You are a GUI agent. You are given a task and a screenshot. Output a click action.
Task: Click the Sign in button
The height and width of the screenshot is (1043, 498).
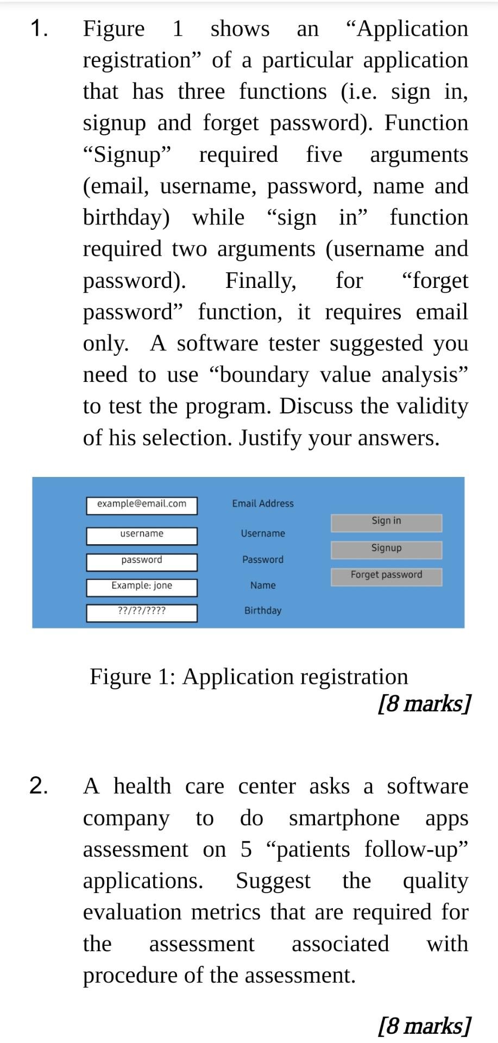click(x=386, y=522)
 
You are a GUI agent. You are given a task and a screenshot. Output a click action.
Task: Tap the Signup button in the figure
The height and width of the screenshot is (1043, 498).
click(x=386, y=549)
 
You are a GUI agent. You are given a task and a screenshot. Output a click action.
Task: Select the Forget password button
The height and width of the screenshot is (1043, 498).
click(x=386, y=576)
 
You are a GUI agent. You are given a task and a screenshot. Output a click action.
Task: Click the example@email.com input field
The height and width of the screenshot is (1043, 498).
click(x=142, y=505)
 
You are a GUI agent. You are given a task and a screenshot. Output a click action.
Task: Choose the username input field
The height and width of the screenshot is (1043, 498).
click(x=142, y=535)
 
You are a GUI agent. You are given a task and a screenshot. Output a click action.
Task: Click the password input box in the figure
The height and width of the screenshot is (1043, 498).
click(x=142, y=561)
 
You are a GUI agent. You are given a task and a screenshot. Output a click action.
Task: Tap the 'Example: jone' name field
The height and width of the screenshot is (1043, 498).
click(x=142, y=587)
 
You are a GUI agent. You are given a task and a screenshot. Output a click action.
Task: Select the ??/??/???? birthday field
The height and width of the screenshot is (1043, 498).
click(x=142, y=612)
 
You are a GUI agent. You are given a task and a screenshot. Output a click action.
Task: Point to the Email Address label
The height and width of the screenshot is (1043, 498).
click(x=263, y=504)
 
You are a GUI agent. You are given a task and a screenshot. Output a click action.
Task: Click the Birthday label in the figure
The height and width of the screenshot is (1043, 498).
click(x=263, y=611)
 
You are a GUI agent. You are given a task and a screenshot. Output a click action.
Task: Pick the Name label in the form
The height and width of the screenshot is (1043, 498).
click(x=263, y=586)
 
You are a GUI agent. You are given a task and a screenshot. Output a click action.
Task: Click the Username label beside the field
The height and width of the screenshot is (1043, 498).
click(x=263, y=533)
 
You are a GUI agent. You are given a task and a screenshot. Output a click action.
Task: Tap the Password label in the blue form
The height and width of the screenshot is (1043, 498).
click(x=263, y=560)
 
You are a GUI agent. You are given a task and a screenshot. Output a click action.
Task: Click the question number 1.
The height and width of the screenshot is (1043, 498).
click(x=38, y=28)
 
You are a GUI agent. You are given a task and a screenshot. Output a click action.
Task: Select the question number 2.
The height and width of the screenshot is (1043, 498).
click(x=38, y=786)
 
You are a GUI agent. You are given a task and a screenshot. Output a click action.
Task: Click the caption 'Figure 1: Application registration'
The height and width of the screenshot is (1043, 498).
click(x=249, y=677)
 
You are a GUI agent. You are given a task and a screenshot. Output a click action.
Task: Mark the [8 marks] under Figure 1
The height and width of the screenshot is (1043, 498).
click(x=424, y=703)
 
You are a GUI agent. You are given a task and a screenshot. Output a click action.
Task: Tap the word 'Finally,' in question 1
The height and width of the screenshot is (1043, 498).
click(x=261, y=280)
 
